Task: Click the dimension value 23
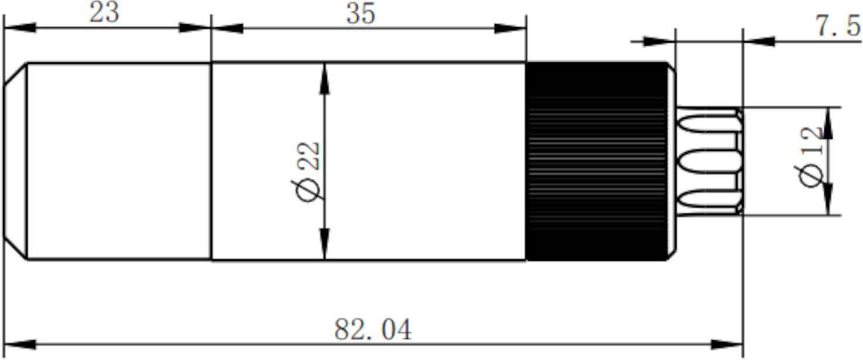click(104, 13)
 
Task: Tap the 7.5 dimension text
click(838, 26)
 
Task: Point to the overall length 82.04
click(372, 330)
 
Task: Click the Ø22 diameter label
click(308, 172)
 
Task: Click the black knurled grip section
click(596, 161)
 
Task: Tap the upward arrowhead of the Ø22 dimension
click(325, 79)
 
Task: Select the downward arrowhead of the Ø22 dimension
click(325, 244)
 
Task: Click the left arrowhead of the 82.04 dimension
click(20, 345)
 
